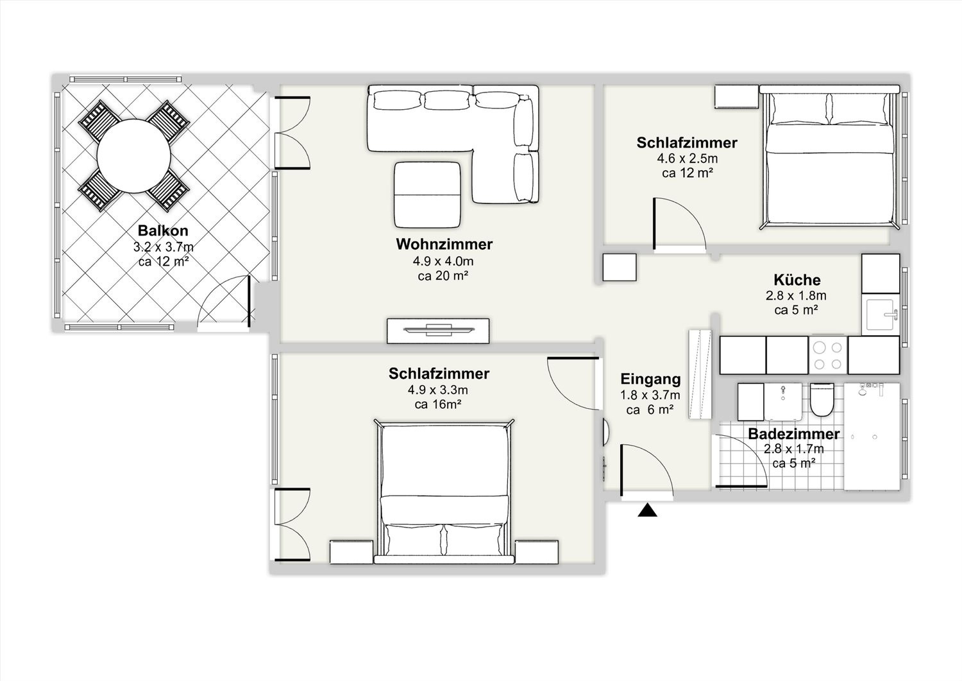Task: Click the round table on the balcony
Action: tap(134, 156)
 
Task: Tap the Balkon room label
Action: tap(163, 230)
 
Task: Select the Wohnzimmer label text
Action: tap(444, 244)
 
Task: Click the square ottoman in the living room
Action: tap(427, 194)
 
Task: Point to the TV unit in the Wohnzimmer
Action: tap(438, 331)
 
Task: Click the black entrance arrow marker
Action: tap(647, 510)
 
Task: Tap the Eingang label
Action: tap(651, 379)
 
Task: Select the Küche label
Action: tap(797, 280)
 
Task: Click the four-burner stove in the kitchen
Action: tap(828, 355)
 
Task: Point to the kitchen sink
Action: tap(881, 315)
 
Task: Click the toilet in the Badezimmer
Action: tap(822, 400)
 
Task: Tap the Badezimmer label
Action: tap(794, 434)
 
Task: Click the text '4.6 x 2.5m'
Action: tap(687, 158)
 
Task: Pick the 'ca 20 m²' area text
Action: tap(443, 275)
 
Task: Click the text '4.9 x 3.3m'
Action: tap(437, 390)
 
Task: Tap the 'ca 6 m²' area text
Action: tap(649, 409)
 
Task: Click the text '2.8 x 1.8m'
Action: tap(796, 295)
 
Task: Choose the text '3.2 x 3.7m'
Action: tap(163, 247)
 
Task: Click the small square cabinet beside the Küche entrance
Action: tap(620, 268)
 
